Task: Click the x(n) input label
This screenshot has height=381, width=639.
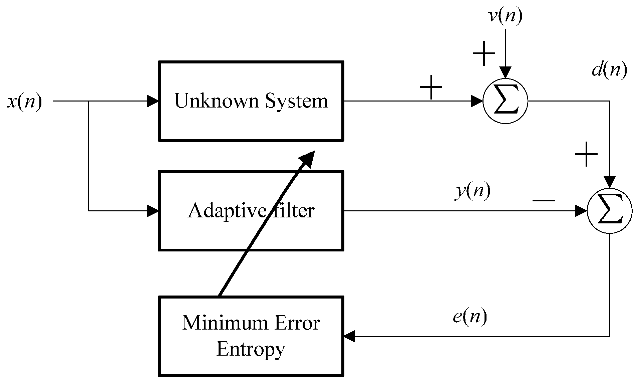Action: tap(25, 101)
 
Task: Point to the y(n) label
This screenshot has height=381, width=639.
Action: tap(472, 192)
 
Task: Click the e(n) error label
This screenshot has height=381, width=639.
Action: tap(469, 317)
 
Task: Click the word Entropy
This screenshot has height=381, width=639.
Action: tap(251, 350)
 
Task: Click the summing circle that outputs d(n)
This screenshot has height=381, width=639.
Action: tap(505, 101)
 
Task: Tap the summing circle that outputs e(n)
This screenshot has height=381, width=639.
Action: tap(609, 211)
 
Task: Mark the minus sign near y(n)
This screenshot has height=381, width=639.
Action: tap(544, 201)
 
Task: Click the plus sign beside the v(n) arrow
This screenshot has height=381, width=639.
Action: tap(484, 54)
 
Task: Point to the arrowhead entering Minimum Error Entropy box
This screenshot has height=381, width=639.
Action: tap(349, 336)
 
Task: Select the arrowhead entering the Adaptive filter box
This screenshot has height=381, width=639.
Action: tap(153, 211)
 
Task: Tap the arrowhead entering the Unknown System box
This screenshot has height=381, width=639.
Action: tap(153, 101)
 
